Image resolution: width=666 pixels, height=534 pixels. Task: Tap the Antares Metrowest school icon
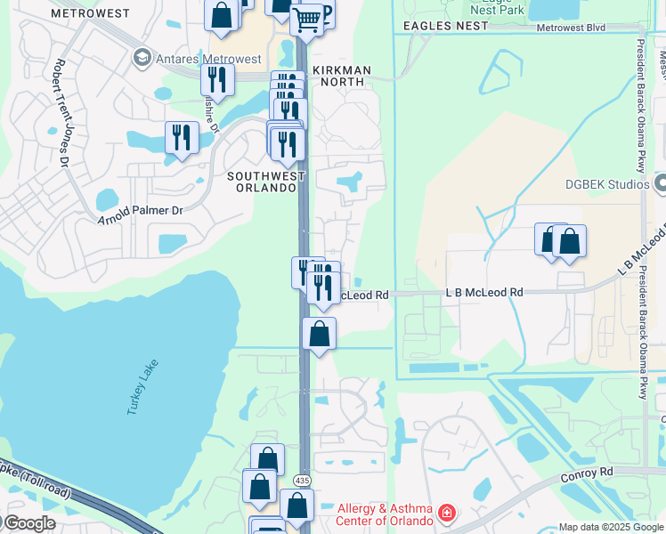pos(141,59)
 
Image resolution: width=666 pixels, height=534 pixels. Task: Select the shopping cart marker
pos(306,19)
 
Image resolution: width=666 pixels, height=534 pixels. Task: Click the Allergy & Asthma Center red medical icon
pos(446,514)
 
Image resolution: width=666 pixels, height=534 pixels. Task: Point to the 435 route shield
pos(303,481)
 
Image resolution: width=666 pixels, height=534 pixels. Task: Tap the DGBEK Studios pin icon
pos(660,184)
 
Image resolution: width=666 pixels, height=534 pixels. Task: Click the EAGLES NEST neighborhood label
pos(445,26)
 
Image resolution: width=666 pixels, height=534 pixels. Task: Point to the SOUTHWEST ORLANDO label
pos(261,182)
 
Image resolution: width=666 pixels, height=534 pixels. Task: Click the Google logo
pos(29,522)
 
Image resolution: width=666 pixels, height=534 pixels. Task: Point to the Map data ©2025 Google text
pos(611,527)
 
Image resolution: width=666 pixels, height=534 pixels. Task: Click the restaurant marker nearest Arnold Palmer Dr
pos(182,138)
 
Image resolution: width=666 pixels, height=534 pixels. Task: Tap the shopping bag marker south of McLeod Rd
pos(319,335)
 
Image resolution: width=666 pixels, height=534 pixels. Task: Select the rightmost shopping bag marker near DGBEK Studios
pos(569,242)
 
